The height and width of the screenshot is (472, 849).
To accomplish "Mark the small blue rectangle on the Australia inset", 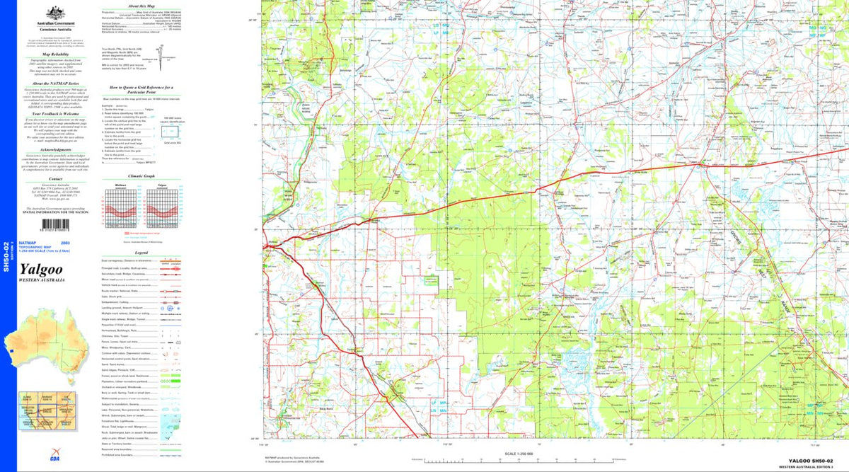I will (x=12, y=349).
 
